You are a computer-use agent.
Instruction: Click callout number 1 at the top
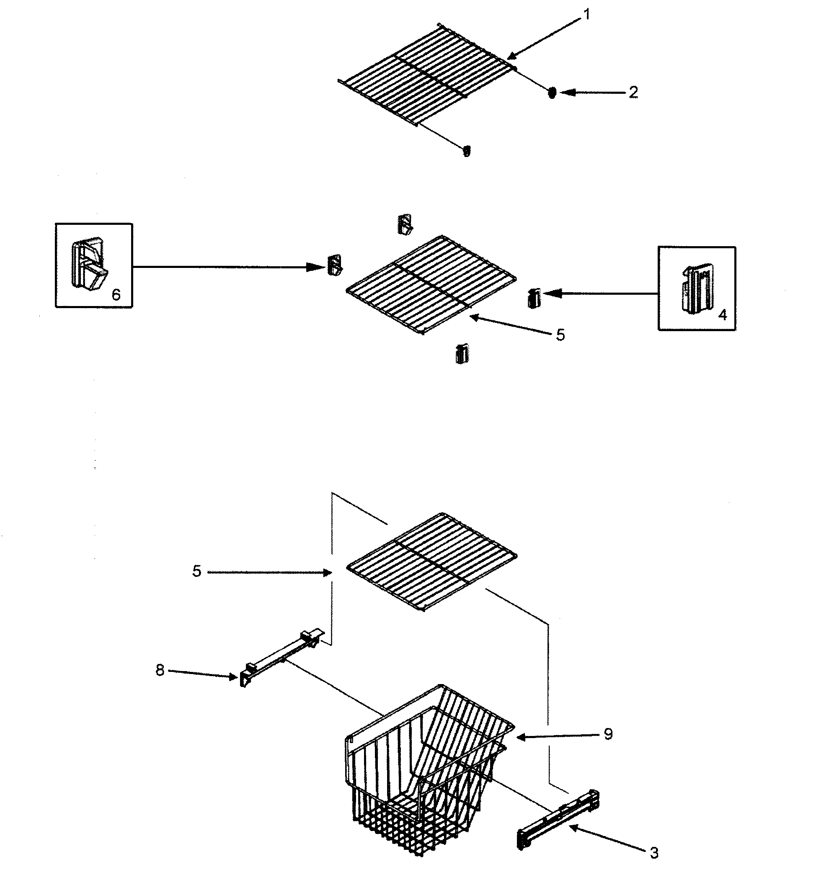point(587,15)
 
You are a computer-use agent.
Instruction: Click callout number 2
point(633,92)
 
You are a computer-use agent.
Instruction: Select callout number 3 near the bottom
point(654,853)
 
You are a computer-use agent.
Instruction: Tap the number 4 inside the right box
point(722,315)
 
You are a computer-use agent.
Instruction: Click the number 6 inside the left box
point(116,294)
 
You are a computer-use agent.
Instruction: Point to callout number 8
point(160,669)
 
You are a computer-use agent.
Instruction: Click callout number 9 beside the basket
point(608,734)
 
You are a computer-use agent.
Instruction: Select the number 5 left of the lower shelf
point(196,571)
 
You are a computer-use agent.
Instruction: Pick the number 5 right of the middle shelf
point(560,334)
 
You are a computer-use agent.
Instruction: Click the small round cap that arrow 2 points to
point(552,93)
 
